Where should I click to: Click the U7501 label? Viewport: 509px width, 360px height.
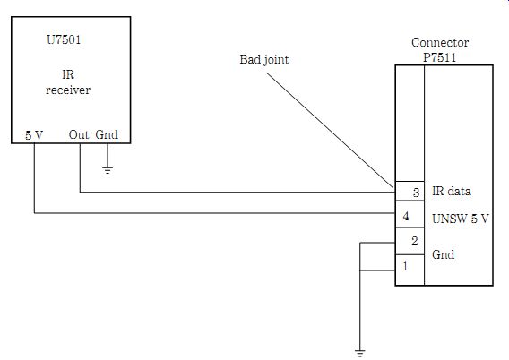pos(64,40)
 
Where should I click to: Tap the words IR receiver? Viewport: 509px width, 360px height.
pos(68,82)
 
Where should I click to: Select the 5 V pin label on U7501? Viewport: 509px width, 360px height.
pos(34,135)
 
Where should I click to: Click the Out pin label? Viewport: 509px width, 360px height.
pos(79,134)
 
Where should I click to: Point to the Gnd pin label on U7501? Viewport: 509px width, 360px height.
pos(107,134)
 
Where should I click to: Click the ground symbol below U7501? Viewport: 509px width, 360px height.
pos(108,170)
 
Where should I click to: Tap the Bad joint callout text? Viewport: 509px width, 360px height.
pos(264,60)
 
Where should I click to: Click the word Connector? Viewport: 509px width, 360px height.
pos(440,42)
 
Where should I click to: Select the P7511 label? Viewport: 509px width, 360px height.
pos(440,57)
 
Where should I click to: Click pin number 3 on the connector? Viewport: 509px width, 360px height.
pos(416,193)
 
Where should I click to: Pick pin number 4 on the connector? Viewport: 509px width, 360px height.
pos(406,216)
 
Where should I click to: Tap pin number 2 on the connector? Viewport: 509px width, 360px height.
pos(415,241)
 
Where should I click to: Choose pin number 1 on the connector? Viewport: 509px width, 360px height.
pos(405,266)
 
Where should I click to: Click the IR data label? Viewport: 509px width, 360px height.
pos(452,191)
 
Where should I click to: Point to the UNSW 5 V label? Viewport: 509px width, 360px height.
pos(461,219)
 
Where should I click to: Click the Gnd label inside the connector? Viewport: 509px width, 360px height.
pos(443,254)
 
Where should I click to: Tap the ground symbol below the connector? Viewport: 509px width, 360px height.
pos(360,353)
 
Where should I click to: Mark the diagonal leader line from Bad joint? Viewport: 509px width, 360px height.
pos(330,130)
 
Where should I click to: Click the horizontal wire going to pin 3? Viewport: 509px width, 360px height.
pos(237,193)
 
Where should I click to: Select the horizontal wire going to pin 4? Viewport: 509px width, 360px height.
pos(214,213)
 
